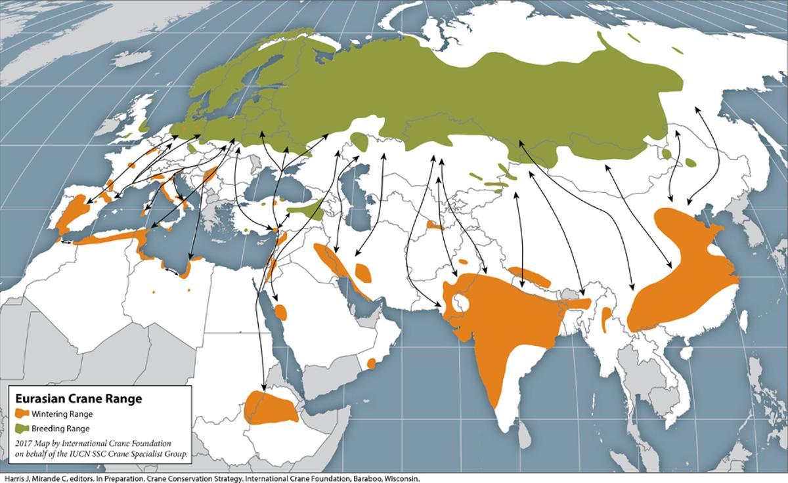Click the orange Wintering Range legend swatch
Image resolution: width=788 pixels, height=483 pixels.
click(x=23, y=413)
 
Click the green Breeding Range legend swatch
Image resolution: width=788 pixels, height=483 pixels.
click(x=23, y=428)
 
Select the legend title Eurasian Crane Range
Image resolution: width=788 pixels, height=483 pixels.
click(x=78, y=398)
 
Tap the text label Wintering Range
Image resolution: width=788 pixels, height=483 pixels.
click(x=62, y=414)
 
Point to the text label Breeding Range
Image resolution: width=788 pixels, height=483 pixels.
click(x=60, y=429)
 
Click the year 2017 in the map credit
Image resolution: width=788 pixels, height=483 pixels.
click(x=24, y=444)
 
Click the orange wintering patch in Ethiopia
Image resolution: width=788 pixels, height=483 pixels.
click(x=269, y=407)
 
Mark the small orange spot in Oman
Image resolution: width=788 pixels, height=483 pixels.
click(x=372, y=362)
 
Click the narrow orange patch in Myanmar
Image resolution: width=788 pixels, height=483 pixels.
click(x=606, y=318)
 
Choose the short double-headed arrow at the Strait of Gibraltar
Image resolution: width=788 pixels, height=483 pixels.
click(x=65, y=242)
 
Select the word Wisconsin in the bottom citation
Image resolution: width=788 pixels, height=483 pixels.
click(x=401, y=478)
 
